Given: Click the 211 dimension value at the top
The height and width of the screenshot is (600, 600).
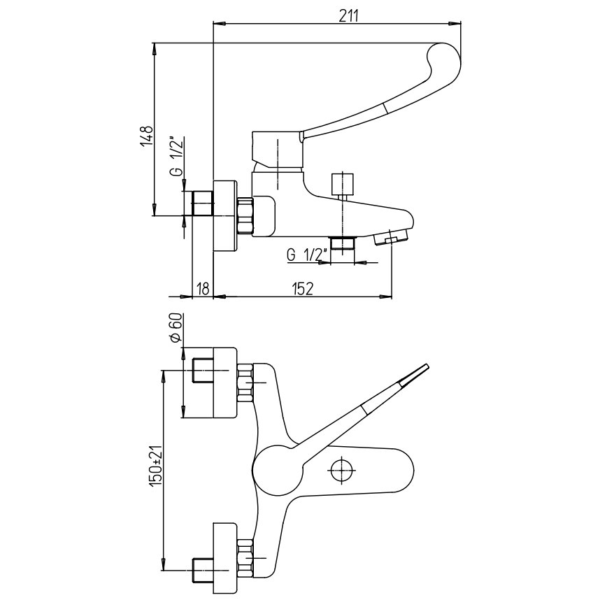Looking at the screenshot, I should (348, 17).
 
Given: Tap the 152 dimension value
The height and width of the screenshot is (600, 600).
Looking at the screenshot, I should (301, 287).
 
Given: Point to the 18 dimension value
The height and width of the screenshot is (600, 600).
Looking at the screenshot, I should (203, 287).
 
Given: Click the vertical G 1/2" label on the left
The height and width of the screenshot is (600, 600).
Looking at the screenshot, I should (178, 157).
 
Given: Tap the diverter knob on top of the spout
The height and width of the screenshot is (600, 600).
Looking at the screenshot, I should (343, 184).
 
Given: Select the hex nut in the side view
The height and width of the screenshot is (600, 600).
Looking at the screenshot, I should (246, 215).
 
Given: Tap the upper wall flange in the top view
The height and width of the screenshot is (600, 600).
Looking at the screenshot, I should (222, 381).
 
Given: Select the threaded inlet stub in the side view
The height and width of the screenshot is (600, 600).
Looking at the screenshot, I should (201, 203).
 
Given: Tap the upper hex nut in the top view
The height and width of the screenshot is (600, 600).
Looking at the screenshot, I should (245, 383).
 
